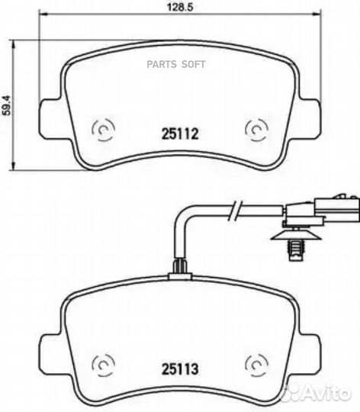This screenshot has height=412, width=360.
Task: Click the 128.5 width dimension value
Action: pos(180,7)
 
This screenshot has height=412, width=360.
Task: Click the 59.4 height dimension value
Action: pos(6,105)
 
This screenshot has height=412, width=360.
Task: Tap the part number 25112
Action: pos(180,134)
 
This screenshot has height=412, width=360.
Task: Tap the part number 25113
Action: pos(180,369)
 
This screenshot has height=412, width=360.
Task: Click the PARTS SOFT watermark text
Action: pos(176,64)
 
